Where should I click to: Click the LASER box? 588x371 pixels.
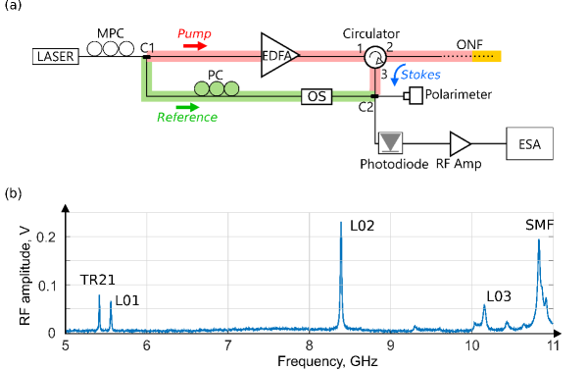point(56,57)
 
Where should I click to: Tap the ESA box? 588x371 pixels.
point(529,144)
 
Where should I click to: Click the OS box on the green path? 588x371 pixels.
point(317,96)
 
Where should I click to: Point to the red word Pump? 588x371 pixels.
point(194,33)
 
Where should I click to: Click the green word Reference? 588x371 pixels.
point(187,118)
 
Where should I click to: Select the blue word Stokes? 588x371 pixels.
point(420,75)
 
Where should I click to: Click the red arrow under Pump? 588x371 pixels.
point(195,45)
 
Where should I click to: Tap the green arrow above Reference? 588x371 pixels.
point(187,107)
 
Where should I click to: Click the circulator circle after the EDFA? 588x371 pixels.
point(374,58)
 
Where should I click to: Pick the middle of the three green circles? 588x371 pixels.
point(217,88)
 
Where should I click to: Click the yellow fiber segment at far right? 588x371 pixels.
point(487,56)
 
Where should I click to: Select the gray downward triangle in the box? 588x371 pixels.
point(391,143)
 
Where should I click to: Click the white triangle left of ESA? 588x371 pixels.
point(459,144)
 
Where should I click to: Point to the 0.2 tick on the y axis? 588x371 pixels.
point(46,238)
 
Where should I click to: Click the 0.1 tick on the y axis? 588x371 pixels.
point(46,286)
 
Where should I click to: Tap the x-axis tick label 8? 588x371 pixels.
point(309,345)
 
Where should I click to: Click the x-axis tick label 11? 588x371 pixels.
point(553,345)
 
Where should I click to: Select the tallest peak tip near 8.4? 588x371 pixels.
point(341,222)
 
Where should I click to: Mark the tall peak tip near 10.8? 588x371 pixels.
point(538,239)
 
